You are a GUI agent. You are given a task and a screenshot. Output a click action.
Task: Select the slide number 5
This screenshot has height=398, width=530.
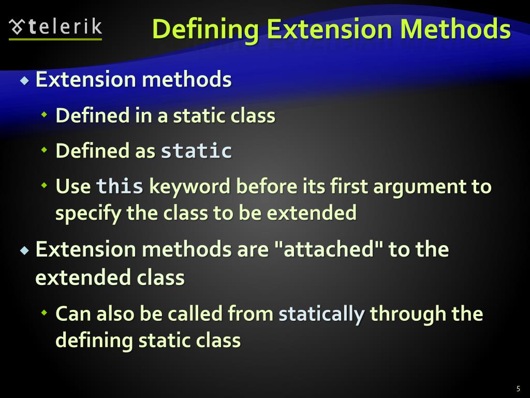518,389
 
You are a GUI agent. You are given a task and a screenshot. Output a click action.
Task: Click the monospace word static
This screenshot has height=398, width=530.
196,151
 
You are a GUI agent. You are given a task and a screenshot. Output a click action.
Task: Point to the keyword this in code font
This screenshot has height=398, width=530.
120,186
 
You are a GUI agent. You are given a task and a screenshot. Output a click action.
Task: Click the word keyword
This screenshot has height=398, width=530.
189,186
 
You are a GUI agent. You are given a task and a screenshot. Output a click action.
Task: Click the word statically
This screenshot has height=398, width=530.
322,314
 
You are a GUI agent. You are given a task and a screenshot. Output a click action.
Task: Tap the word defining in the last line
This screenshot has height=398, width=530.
94,340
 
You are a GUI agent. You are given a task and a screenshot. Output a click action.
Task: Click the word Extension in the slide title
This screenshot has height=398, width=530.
325,29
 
